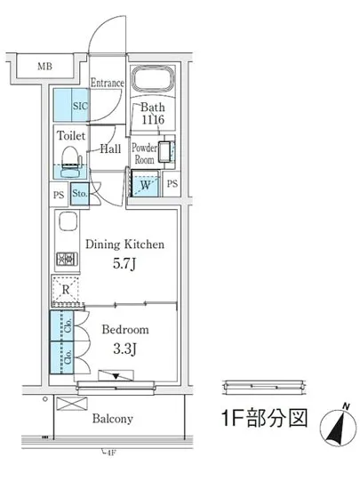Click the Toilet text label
tap(70, 136)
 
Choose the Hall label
tap(111, 149)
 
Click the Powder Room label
tap(144, 154)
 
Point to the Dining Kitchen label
tap(124, 244)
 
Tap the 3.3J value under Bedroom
tap(124, 348)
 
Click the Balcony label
tap(111, 419)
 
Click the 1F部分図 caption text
tap(265, 420)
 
